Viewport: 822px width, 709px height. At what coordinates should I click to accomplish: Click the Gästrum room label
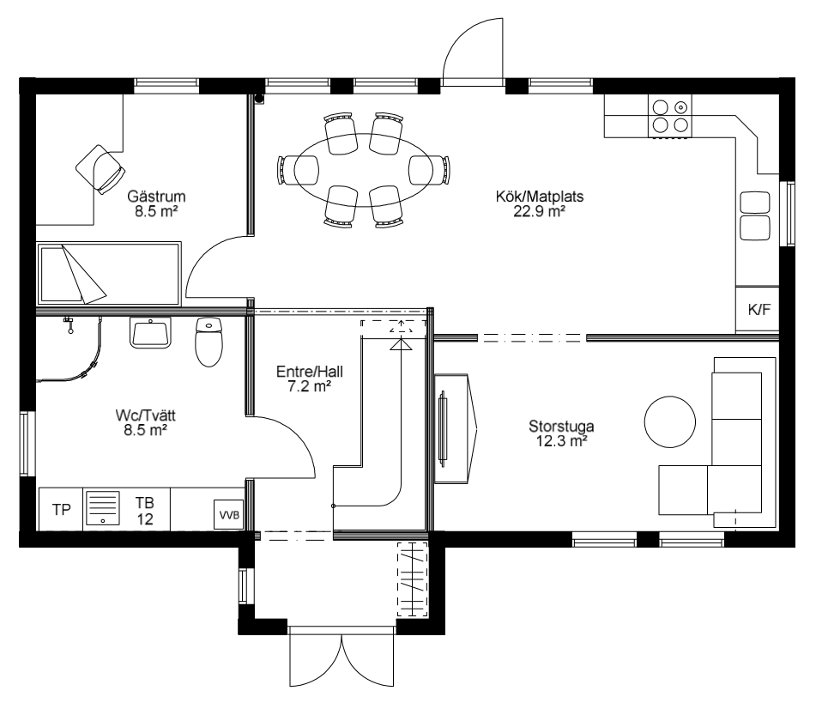156,197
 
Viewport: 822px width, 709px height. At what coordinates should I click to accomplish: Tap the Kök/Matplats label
540,197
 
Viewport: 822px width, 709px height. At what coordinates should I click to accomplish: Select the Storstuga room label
561,426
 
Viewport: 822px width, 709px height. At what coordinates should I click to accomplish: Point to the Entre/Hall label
309,372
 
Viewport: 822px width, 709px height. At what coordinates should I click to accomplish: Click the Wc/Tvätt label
145,415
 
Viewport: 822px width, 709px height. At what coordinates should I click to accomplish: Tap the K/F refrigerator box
758,309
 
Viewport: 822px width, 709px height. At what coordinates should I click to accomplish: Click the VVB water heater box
229,514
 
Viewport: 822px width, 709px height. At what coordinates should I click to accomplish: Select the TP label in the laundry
61,509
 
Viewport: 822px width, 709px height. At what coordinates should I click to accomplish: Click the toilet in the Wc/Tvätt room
209,342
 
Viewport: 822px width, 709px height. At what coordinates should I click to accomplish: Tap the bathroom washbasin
150,332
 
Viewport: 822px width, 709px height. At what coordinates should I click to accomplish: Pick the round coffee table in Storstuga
669,421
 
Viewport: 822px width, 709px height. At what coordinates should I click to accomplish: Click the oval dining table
363,170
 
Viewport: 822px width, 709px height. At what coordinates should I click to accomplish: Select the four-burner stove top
670,116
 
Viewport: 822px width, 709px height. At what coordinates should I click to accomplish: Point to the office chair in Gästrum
100,169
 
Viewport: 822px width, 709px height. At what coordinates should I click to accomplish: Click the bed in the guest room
109,273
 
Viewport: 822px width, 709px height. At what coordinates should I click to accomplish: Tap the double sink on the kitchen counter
755,215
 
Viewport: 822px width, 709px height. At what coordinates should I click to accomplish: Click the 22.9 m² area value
540,211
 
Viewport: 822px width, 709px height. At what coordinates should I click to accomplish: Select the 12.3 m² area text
561,441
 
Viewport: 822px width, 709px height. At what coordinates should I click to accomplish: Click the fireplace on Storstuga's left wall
455,428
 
